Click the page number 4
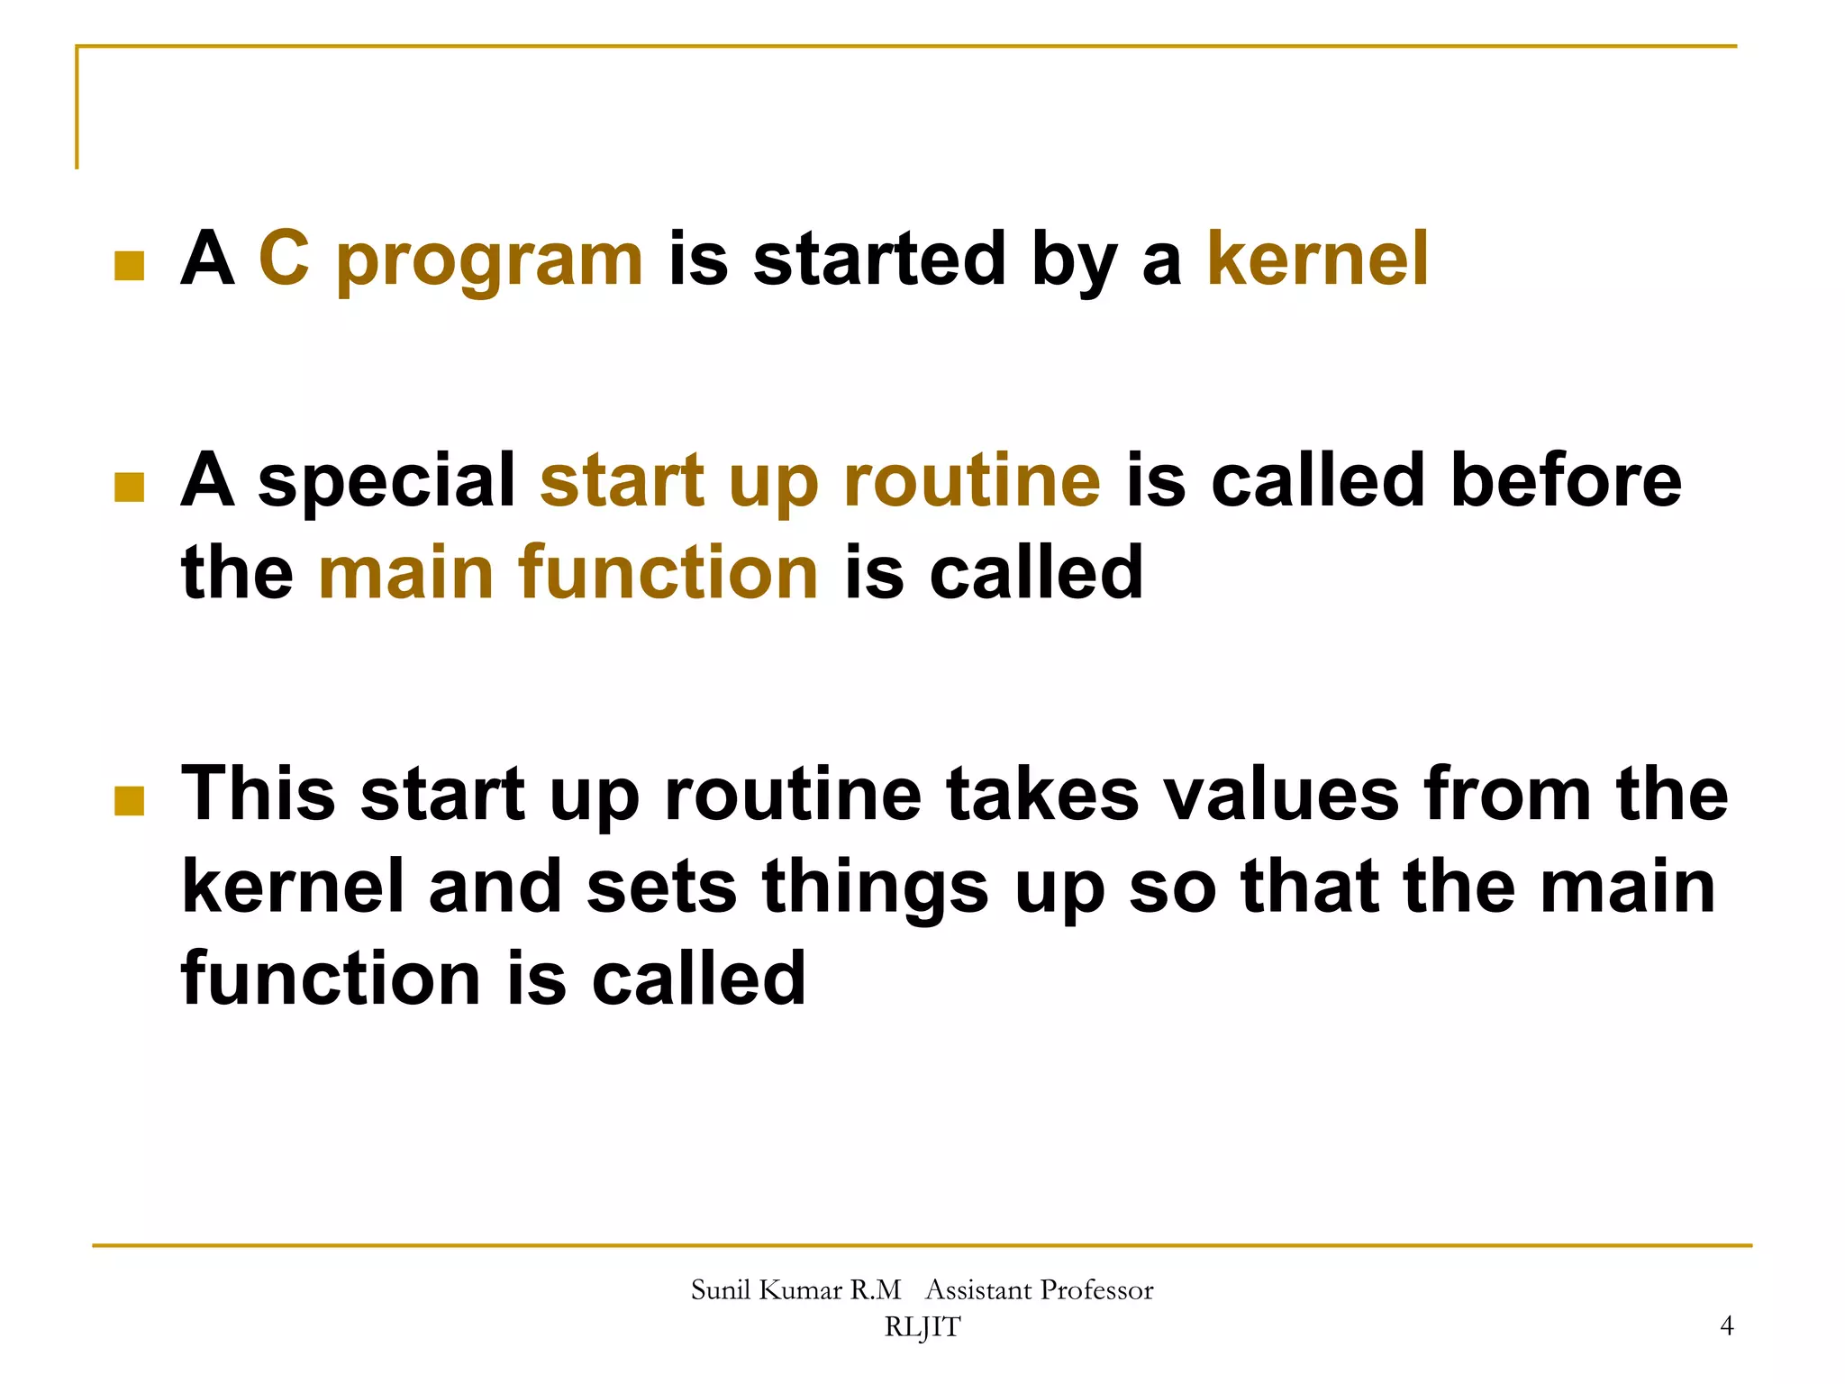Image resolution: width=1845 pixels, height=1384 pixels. click(x=1726, y=1325)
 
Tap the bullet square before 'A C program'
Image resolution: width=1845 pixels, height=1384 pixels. click(x=130, y=266)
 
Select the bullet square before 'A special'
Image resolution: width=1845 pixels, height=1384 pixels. click(x=130, y=487)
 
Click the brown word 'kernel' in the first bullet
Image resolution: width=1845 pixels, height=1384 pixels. click(x=1317, y=259)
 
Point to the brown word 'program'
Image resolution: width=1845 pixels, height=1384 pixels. click(x=490, y=261)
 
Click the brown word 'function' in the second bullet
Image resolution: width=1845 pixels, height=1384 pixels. click(x=668, y=572)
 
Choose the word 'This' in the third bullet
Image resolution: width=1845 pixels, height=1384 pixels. click(x=259, y=793)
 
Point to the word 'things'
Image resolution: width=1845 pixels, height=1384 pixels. click(x=876, y=888)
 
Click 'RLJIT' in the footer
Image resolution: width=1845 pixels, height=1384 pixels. click(x=922, y=1327)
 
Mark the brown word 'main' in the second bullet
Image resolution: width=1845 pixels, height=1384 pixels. click(x=405, y=572)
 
